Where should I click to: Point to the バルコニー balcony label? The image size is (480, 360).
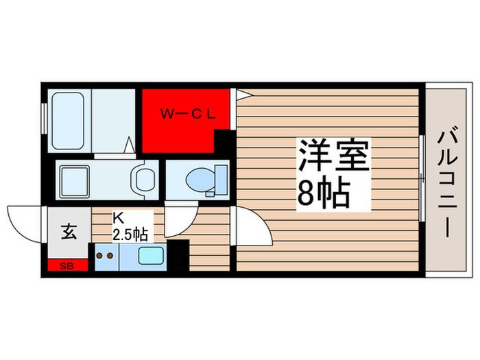[446, 182]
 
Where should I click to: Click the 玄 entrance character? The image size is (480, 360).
[69, 231]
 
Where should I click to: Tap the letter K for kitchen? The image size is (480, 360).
[117, 217]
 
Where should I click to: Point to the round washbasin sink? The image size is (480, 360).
[144, 180]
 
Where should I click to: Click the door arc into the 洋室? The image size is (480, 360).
[254, 226]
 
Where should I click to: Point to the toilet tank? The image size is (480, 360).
[221, 179]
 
